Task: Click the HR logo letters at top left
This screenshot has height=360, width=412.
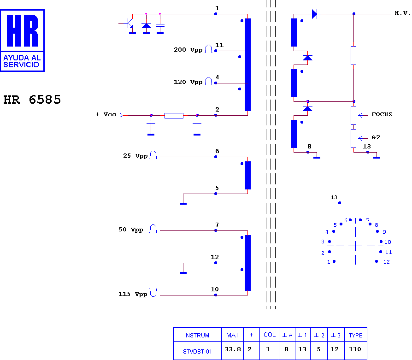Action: pos(22,30)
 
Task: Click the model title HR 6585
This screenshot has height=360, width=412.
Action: pos(32,100)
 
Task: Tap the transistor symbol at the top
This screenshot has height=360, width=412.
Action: pos(128,24)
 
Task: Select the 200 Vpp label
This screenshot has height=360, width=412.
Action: pos(188,50)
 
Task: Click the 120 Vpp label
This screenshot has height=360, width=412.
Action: pos(188,82)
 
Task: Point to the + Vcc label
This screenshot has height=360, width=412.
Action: pos(106,114)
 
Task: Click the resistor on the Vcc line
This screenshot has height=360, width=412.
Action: pos(174,116)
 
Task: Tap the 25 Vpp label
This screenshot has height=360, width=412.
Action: pos(135,156)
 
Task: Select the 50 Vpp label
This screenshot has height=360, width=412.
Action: pos(131,230)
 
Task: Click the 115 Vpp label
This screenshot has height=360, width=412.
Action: pos(133,294)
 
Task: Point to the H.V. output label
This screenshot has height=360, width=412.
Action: pos(402,13)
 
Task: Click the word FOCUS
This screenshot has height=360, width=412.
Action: pos(382,114)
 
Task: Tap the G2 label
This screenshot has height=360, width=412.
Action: pos(376,137)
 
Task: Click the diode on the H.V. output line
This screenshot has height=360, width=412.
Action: pos(314,14)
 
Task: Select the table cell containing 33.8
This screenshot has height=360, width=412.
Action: pos(233,349)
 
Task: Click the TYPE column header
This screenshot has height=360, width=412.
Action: pos(355,335)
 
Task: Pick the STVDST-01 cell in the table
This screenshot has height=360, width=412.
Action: pos(197,352)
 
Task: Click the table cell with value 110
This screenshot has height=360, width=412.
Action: pos(355,349)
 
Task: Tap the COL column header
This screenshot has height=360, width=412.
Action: pos(269,335)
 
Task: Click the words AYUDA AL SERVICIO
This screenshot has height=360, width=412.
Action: pos(22,61)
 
